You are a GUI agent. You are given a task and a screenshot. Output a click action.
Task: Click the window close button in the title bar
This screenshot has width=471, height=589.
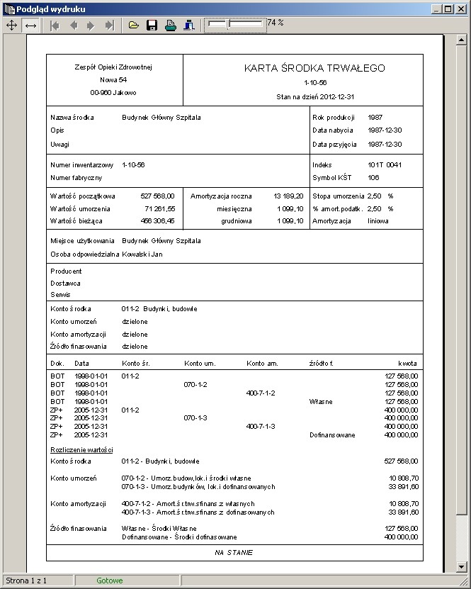tap(461, 9)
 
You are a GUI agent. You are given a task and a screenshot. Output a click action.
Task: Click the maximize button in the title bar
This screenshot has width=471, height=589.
tap(448, 9)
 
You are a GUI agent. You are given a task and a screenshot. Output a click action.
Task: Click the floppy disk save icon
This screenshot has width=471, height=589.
tap(152, 25)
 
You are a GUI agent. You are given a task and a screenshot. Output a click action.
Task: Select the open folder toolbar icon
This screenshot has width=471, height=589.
tap(134, 25)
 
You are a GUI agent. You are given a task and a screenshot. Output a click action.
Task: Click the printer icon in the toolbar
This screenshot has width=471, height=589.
tap(170, 25)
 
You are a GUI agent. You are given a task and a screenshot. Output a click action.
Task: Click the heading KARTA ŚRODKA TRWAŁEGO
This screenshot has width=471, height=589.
tap(314, 68)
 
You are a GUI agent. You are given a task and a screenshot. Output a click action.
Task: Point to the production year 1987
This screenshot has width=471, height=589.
tap(375, 118)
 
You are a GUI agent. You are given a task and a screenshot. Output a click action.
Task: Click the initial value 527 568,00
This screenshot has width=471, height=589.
tap(157, 196)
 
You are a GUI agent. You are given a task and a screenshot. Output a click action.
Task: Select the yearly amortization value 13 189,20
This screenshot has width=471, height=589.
tap(288, 196)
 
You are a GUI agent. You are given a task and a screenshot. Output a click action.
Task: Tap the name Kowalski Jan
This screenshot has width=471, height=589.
tap(142, 254)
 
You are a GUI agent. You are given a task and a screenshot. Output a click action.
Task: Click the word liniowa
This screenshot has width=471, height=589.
tap(378, 221)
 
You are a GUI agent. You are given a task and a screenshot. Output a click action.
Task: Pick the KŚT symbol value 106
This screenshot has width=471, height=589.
tap(373, 177)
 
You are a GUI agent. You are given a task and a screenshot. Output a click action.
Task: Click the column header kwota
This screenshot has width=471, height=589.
tap(407, 363)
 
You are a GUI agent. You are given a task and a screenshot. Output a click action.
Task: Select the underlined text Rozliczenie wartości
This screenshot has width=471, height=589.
tap(81, 449)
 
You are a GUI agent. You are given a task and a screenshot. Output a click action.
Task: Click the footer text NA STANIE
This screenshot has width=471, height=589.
tap(234, 552)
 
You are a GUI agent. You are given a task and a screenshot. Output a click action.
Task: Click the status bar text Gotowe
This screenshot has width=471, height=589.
tap(109, 581)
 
